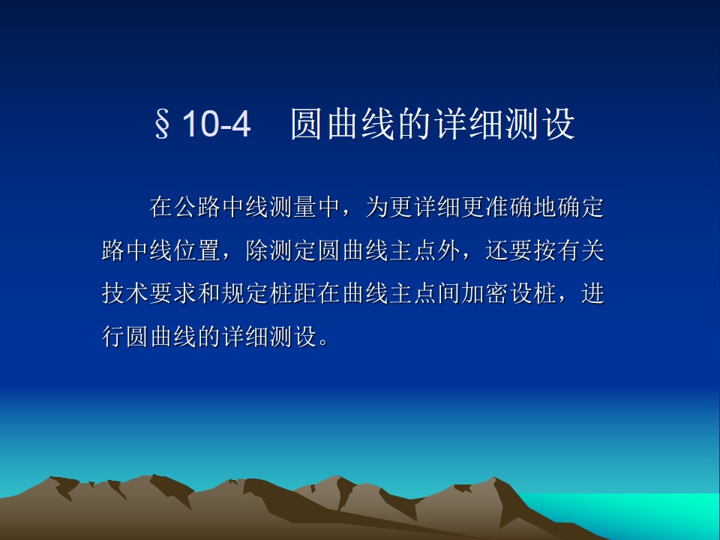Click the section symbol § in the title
coord(162,124)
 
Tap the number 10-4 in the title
coord(216,124)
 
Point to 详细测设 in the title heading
coord(505,124)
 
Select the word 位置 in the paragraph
coord(197,250)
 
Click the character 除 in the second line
coord(257,250)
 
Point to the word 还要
coord(508,250)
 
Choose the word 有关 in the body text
coord(580,250)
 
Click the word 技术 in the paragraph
coord(125,293)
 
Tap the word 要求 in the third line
coord(173,293)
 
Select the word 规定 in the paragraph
coord(244,293)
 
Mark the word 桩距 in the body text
coord(293,293)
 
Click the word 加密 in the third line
coord(484,293)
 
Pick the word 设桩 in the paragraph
coord(532,293)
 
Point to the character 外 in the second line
coord(448,250)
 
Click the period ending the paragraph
coord(323,343)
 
